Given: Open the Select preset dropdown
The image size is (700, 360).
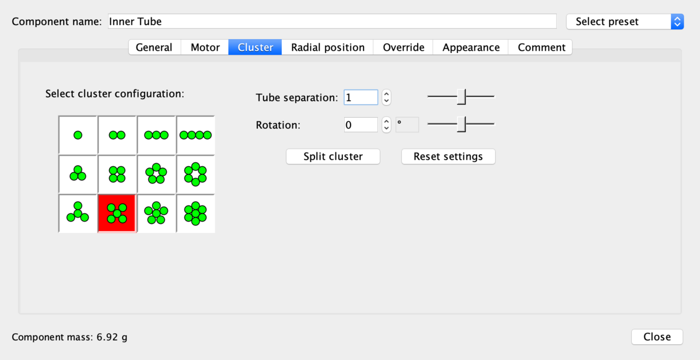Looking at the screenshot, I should [624, 22].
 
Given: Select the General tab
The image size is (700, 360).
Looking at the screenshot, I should [154, 47].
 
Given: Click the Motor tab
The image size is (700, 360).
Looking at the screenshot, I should [205, 47].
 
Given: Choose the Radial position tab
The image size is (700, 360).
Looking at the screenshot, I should [328, 47].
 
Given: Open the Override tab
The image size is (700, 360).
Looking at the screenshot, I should [403, 47].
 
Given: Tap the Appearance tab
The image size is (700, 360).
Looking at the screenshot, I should [471, 47].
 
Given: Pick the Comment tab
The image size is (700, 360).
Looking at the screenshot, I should [541, 47].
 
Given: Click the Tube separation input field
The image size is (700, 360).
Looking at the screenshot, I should [360, 97].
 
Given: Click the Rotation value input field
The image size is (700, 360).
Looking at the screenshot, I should [360, 125].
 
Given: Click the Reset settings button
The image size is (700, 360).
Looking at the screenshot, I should [448, 156].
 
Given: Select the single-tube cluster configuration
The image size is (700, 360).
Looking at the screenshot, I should [78, 135].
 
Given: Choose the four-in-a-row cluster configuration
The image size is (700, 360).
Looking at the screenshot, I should [195, 135].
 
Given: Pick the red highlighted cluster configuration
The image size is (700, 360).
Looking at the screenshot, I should [117, 214].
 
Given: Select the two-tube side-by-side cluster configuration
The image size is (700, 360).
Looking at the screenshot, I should [117, 135].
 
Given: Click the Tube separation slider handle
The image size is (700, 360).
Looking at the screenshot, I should [461, 97].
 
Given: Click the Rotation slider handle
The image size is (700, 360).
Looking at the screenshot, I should [461, 124].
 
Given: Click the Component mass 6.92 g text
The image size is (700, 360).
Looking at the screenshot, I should [69, 337].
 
